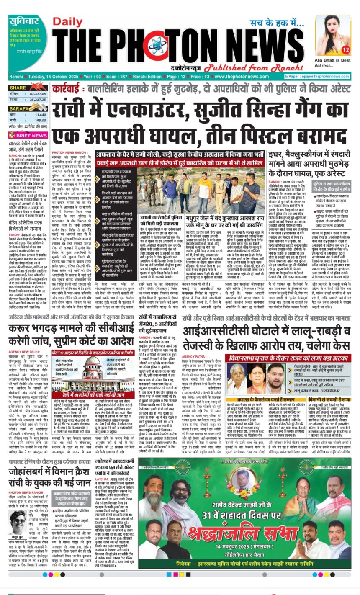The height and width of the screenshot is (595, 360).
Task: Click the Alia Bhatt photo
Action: point(333,35)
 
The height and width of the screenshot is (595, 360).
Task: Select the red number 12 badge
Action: point(345,50)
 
